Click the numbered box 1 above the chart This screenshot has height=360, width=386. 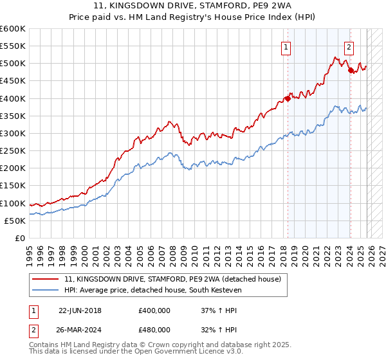pos(285,46)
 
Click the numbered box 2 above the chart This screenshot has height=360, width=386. pos(348,46)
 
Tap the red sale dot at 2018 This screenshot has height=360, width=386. pos(288,98)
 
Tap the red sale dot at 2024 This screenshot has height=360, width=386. pos(351,70)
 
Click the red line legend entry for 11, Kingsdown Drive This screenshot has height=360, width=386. pos(172,280)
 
